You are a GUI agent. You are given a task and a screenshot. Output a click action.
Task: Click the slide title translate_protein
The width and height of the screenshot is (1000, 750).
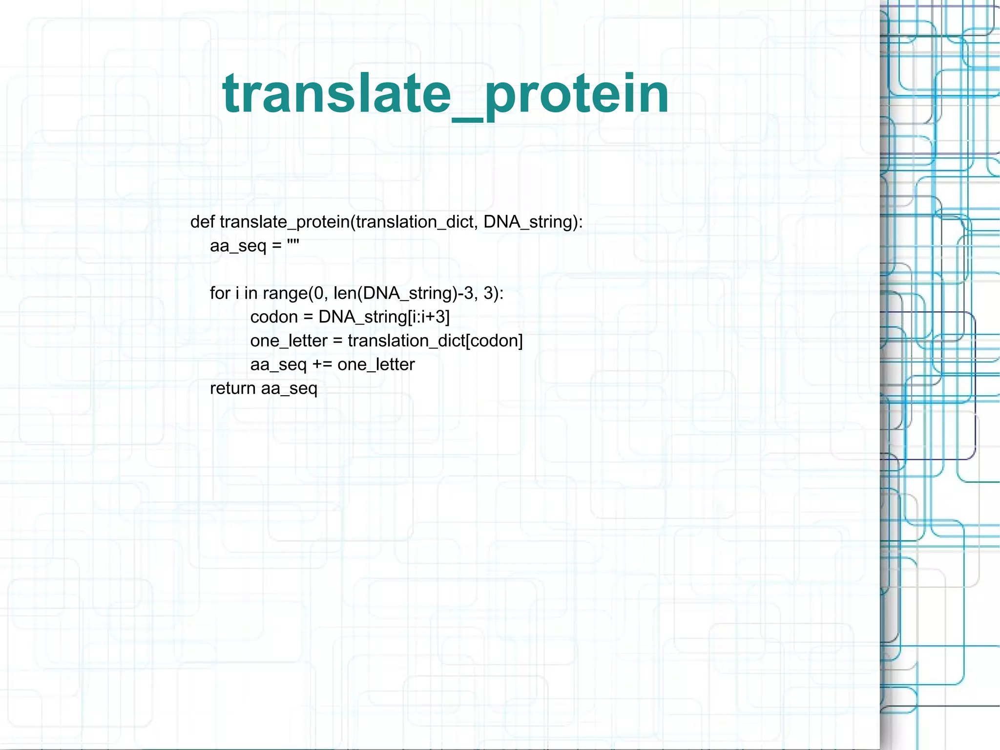pyautogui.click(x=445, y=94)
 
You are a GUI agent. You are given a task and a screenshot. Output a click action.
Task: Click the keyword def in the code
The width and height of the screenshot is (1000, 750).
pyautogui.click(x=202, y=222)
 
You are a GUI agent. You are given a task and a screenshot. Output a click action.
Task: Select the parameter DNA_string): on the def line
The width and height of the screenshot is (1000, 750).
pyautogui.click(x=533, y=222)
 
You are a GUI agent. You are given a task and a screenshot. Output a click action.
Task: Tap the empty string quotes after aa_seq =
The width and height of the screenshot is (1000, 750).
pyautogui.click(x=293, y=244)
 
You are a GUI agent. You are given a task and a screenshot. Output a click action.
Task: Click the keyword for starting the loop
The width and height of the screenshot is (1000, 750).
pyautogui.click(x=220, y=293)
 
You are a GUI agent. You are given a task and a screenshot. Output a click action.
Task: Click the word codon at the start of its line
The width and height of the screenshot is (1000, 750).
pyautogui.click(x=274, y=317)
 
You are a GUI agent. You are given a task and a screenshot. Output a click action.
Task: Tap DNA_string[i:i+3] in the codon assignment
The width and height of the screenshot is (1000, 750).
pyautogui.click(x=384, y=317)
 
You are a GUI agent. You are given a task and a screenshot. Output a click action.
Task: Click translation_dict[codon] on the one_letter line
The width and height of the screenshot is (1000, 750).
pyautogui.click(x=435, y=341)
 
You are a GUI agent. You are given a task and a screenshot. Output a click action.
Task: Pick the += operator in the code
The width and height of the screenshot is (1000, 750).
pyautogui.click(x=322, y=364)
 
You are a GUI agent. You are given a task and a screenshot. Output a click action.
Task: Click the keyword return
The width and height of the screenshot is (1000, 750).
pyautogui.click(x=232, y=388)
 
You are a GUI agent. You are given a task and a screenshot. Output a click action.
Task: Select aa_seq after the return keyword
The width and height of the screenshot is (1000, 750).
pyautogui.click(x=289, y=389)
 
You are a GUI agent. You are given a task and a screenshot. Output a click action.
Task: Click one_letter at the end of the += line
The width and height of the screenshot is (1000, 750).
pyautogui.click(x=376, y=364)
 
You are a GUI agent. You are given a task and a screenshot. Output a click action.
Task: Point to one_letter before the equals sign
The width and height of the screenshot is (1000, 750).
pyautogui.click(x=289, y=341)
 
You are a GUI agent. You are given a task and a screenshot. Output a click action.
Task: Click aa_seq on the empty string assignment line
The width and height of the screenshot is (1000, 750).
pyautogui.click(x=238, y=245)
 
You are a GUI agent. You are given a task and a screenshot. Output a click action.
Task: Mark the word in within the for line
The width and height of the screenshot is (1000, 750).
pyautogui.click(x=250, y=293)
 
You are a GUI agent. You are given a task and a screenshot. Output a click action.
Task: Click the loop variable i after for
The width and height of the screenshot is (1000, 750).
pyautogui.click(x=237, y=293)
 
